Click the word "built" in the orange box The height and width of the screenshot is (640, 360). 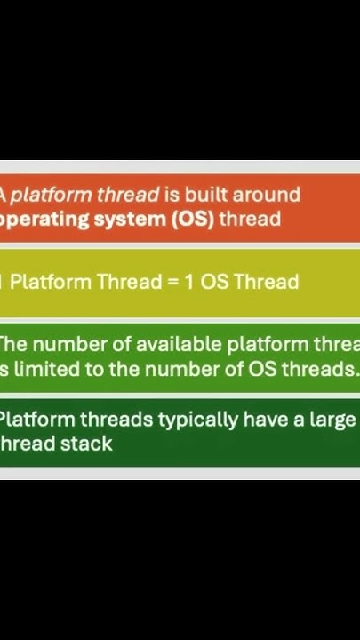click(206, 195)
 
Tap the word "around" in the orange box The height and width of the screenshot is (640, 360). click(265, 195)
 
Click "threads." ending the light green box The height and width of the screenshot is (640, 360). click(318, 369)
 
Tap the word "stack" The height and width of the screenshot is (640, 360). click(88, 444)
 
